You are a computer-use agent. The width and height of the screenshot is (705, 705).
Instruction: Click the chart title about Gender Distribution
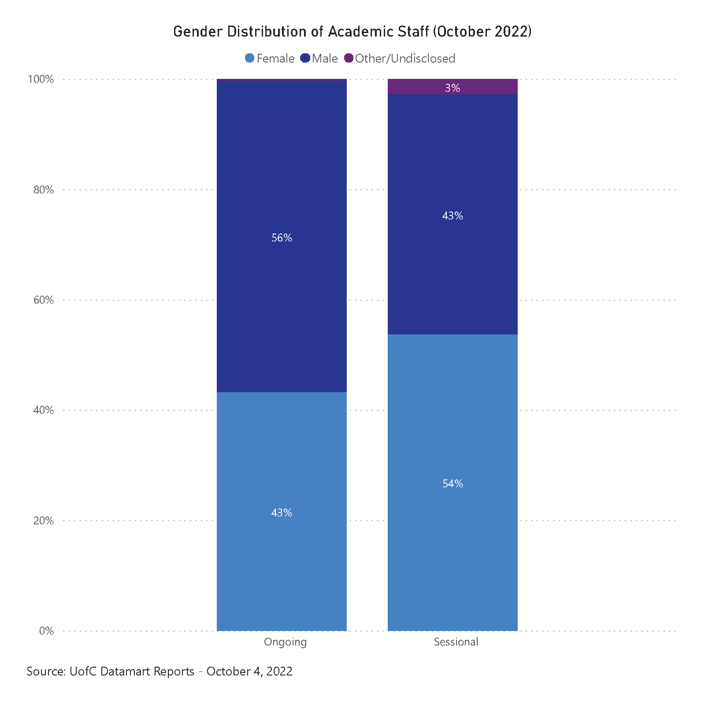[352, 32]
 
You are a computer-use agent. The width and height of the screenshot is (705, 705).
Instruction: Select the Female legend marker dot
[249, 58]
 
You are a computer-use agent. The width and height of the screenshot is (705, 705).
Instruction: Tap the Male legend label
[325, 59]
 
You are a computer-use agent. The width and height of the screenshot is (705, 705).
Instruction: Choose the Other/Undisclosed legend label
[405, 59]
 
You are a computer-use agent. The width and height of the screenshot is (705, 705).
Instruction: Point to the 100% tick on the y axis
[41, 79]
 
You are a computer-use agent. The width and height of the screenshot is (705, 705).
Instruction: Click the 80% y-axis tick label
[43, 190]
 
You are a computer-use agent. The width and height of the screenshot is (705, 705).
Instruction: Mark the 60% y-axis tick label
[43, 300]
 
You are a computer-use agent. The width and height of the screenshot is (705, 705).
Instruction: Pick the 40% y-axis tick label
[43, 410]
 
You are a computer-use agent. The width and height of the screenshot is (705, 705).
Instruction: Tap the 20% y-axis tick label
[43, 521]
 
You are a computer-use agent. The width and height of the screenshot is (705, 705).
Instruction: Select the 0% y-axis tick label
[46, 631]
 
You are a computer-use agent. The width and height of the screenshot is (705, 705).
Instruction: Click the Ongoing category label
[285, 642]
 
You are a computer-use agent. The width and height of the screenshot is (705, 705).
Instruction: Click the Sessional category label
[456, 642]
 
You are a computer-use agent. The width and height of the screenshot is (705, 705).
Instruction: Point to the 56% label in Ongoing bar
[282, 238]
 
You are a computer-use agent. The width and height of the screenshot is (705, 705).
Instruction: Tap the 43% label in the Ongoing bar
[282, 513]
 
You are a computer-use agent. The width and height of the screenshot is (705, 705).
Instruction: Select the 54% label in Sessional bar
[453, 484]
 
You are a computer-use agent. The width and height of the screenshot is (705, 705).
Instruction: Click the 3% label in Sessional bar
[453, 88]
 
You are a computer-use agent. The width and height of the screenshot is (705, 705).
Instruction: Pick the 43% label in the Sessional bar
[453, 216]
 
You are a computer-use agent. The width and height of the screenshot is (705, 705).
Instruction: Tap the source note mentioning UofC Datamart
[160, 672]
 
